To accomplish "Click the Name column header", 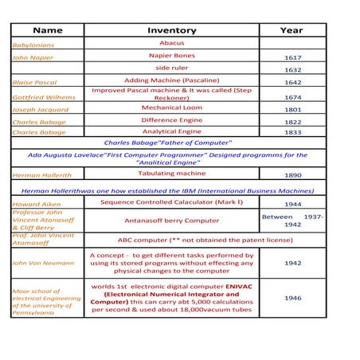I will point(47,30).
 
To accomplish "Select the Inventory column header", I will point(171,30).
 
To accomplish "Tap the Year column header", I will point(292,30).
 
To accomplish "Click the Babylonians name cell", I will point(33,45).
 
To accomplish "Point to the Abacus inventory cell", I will point(171,42).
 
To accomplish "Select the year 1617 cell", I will point(292,58).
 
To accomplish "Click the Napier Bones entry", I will point(171,56).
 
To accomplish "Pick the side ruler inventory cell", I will point(171,68).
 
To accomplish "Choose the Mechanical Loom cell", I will point(171,108).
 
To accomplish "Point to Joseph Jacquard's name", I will point(41,110).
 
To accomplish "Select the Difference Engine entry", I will point(171,119).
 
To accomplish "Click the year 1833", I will point(292,133).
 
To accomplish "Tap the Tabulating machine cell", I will point(171,173).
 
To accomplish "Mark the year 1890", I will point(292,174).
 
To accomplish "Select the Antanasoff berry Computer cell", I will point(171,221).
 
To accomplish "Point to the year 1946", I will point(292,298).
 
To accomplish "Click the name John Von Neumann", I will point(43,262).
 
